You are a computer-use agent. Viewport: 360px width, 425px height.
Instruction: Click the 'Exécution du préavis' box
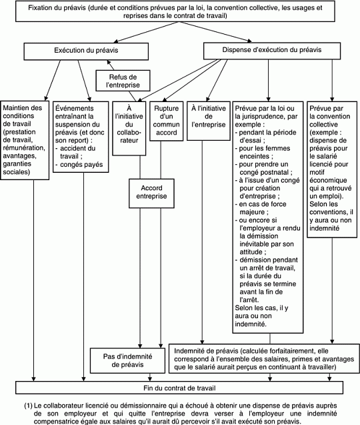tap(86, 51)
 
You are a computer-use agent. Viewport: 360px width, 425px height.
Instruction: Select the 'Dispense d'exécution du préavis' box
tap(272, 51)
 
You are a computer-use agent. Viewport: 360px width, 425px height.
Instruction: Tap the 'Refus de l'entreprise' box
tap(123, 81)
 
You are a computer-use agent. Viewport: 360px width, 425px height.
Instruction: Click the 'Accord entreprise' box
tap(151, 193)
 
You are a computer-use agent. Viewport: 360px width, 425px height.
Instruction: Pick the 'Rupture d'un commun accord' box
tap(166, 121)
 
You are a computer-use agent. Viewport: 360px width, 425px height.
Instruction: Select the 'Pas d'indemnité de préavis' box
tap(127, 360)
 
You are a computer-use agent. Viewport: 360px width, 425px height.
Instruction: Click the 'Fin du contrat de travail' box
tap(179, 388)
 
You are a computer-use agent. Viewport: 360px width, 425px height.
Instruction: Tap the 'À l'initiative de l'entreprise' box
tap(209, 121)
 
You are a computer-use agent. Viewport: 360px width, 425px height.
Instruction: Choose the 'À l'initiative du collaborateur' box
tap(129, 129)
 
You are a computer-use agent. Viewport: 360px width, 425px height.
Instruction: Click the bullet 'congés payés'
tap(79, 165)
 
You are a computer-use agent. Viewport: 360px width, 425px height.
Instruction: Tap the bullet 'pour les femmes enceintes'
tap(263, 152)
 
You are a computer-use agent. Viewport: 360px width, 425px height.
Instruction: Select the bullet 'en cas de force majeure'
tap(261, 208)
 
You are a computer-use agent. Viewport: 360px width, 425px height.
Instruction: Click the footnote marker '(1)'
tap(28, 406)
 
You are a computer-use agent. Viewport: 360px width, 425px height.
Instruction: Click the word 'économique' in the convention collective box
tap(328, 180)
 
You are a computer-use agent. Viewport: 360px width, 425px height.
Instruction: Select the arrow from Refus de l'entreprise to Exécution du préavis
tap(111, 65)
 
